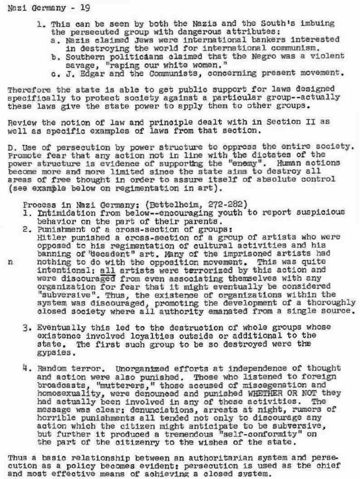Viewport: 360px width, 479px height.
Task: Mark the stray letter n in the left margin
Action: click(9, 261)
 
